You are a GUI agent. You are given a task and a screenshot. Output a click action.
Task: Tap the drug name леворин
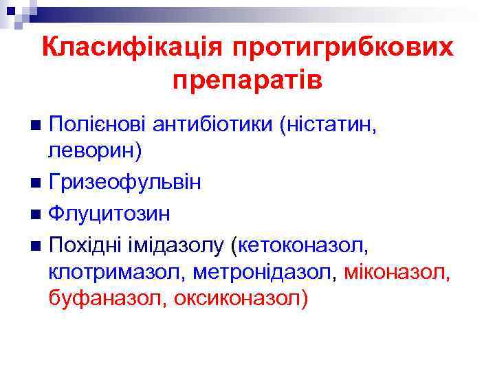pyautogui.click(x=92, y=151)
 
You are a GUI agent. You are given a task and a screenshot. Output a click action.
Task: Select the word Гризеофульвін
pyautogui.click(x=125, y=183)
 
